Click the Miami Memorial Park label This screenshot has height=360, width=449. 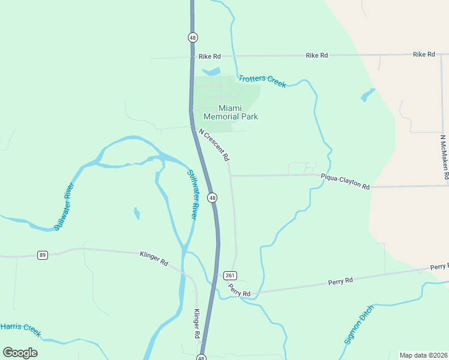pyautogui.click(x=231, y=112)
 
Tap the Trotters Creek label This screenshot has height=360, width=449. pyautogui.click(x=262, y=81)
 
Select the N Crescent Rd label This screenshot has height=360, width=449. pyautogui.click(x=214, y=145)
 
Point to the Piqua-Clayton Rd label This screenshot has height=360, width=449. pyautogui.click(x=345, y=181)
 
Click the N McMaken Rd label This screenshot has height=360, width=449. pyautogui.click(x=444, y=157)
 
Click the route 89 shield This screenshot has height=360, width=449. pyautogui.click(x=42, y=255)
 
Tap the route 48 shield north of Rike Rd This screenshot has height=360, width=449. pyautogui.click(x=192, y=37)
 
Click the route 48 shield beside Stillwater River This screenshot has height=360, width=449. pyautogui.click(x=212, y=197)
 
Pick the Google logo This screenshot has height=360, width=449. pyautogui.click(x=20, y=353)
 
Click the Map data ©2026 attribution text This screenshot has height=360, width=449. pyautogui.click(x=423, y=355)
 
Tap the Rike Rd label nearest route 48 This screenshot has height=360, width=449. pyautogui.click(x=209, y=56)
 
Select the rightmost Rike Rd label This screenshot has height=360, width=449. pyautogui.click(x=424, y=55)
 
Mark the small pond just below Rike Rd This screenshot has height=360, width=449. pyautogui.click(x=211, y=72)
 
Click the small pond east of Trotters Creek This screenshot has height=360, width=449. pyautogui.click(x=367, y=95)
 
